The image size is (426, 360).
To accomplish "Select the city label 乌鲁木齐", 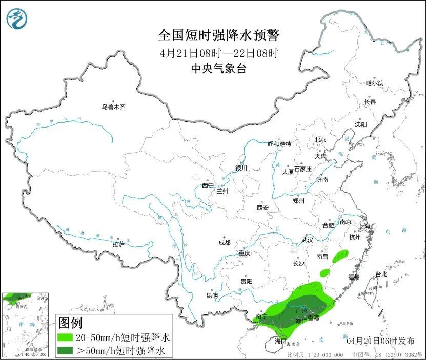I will point(113,107).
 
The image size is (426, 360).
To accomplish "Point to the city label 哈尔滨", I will point(374,83).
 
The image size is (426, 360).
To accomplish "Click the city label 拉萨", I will point(118,244).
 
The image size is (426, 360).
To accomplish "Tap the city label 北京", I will point(320,140).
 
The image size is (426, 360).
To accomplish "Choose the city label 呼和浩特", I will point(280,144).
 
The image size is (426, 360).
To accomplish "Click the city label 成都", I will point(224,243).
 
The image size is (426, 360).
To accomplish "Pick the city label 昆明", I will point(212,295).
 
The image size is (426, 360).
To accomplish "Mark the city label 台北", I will point(381,274).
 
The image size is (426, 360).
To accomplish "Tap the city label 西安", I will point(262,208).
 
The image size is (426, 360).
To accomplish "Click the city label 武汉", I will point(307,240).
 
